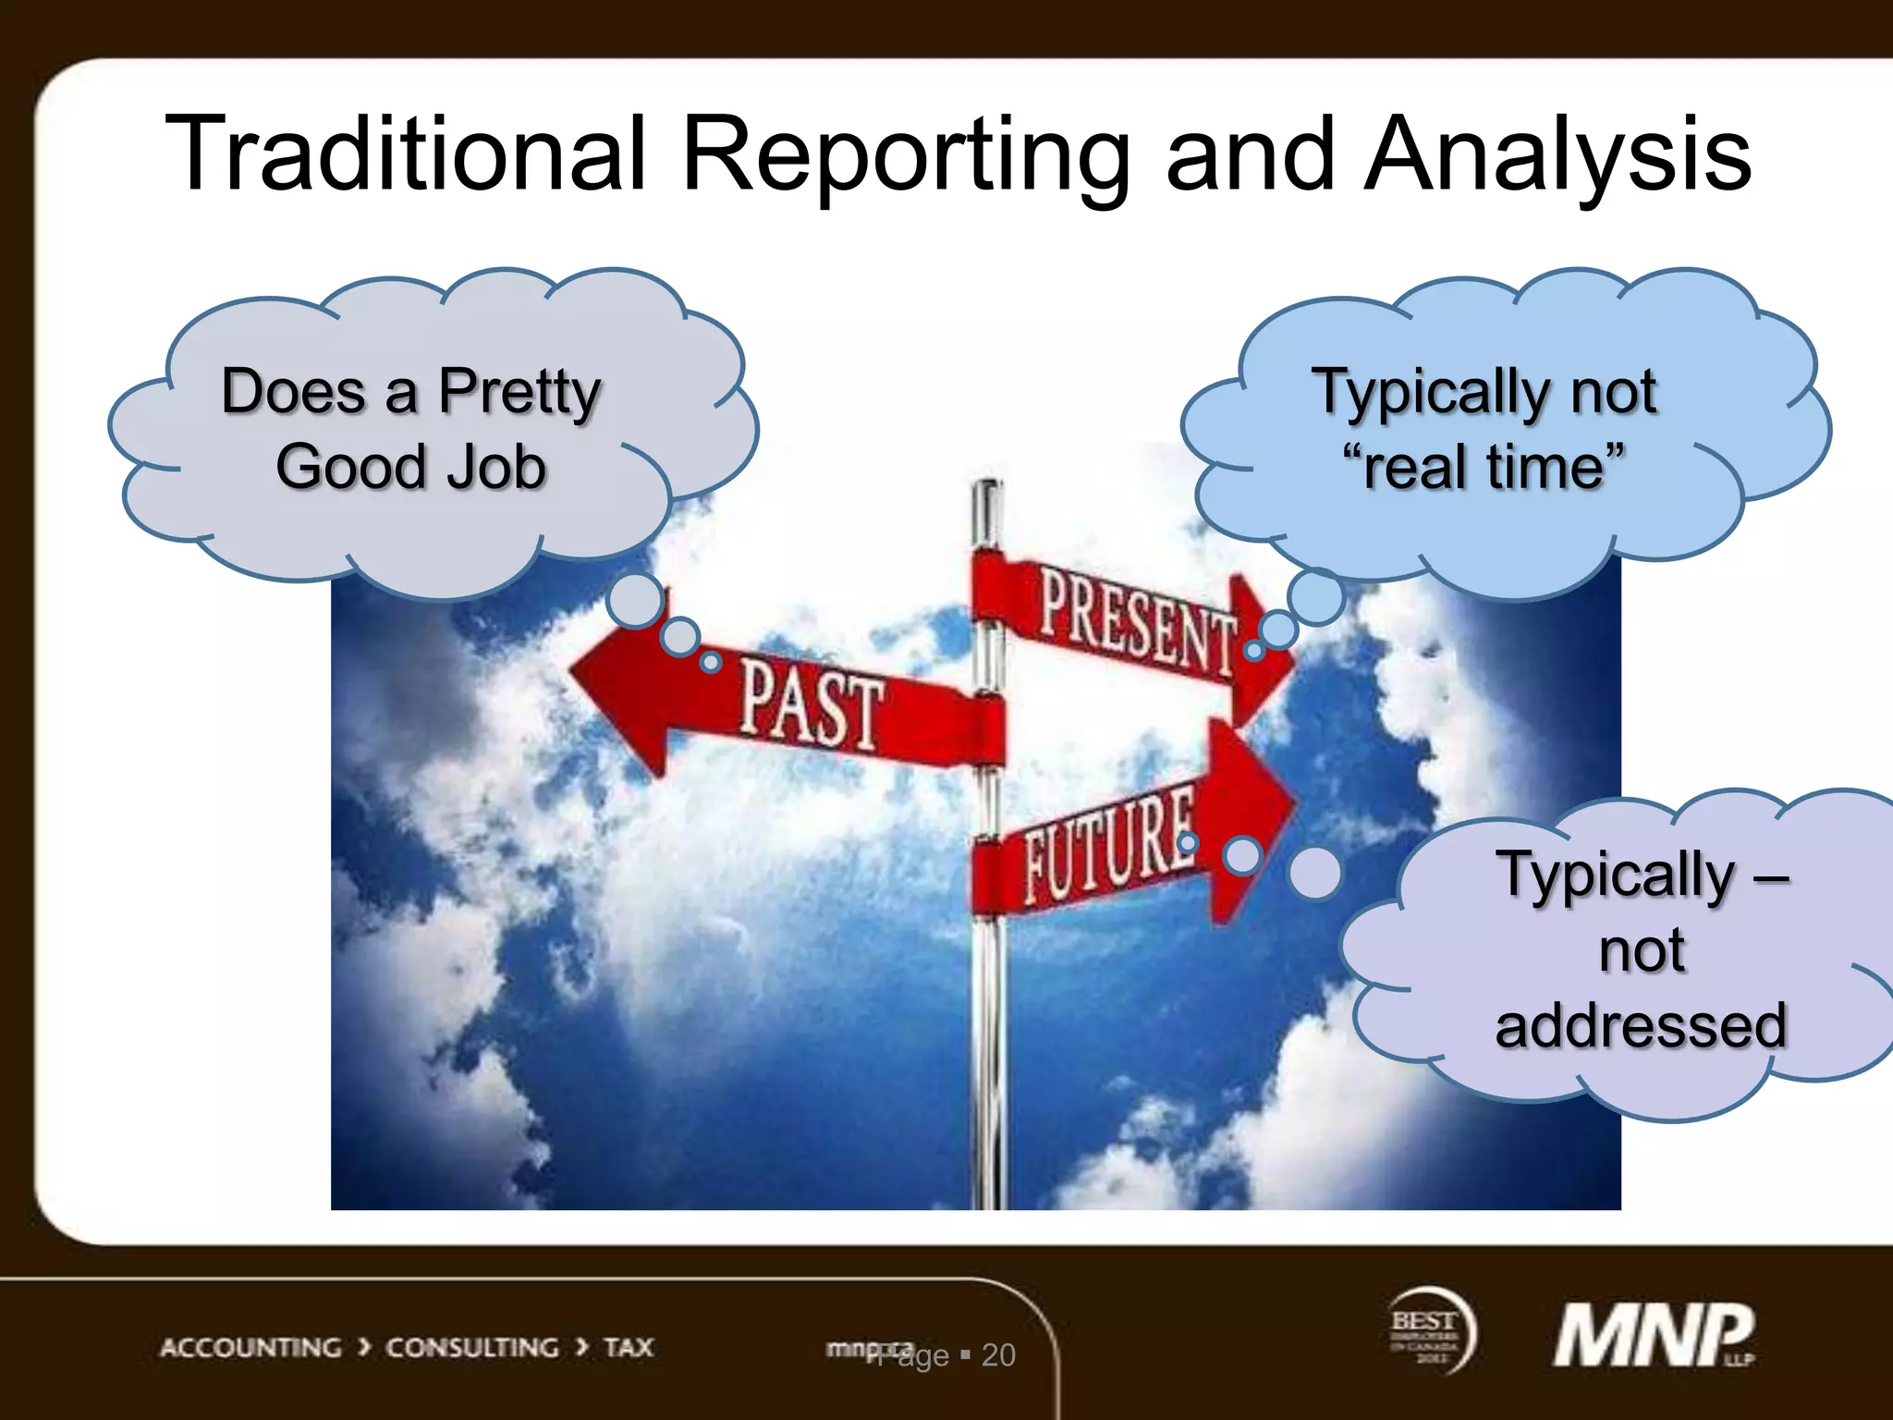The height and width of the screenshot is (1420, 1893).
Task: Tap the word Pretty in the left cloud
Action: [x=519, y=393]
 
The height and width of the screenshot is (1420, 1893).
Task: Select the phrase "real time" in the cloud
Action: [x=1484, y=468]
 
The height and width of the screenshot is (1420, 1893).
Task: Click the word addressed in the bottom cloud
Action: [x=1641, y=1026]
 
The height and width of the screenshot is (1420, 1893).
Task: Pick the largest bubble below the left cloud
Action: [x=636, y=601]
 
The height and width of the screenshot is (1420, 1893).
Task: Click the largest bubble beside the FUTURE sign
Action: [x=1314, y=873]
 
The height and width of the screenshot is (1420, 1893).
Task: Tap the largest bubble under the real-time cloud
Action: [x=1315, y=597]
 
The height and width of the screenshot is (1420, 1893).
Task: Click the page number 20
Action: [x=998, y=1355]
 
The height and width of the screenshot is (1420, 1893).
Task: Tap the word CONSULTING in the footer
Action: [x=471, y=1348]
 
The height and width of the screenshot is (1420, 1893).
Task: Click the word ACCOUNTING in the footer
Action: [x=250, y=1348]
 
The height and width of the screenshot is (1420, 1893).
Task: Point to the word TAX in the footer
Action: [x=629, y=1348]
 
